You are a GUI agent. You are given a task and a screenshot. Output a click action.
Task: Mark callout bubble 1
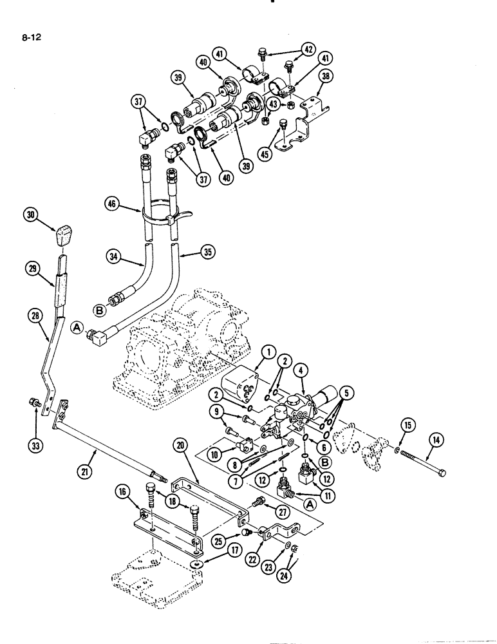(267, 352)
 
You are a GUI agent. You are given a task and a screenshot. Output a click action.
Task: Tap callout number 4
(301, 370)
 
